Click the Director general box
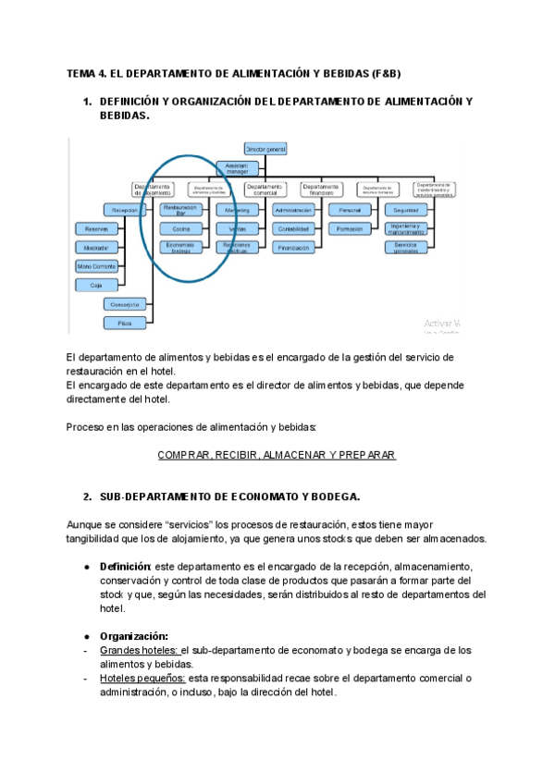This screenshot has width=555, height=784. click(x=265, y=148)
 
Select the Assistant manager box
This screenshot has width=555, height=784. click(x=238, y=167)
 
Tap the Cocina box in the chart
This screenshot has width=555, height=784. click(x=181, y=227)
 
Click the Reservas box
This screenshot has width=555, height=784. click(x=91, y=228)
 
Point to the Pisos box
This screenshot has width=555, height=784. click(x=124, y=323)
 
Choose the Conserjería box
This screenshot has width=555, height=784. click(x=124, y=304)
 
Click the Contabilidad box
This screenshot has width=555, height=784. click(x=293, y=227)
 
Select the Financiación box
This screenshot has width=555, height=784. click(x=293, y=247)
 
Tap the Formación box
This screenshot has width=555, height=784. click(x=350, y=227)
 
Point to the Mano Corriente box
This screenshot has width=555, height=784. click(x=96, y=266)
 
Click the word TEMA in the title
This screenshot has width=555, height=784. click(x=83, y=74)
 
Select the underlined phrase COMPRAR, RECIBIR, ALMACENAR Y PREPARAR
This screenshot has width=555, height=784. click(x=277, y=455)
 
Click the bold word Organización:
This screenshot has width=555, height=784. click(x=134, y=636)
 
